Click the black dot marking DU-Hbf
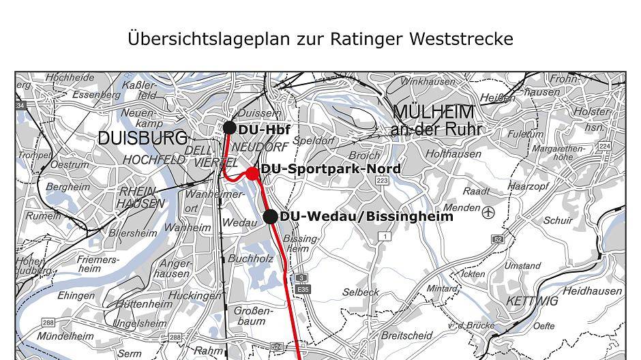[x=230, y=128]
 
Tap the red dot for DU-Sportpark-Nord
[x=252, y=173]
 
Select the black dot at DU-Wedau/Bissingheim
[x=270, y=217]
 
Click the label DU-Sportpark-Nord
[x=331, y=168]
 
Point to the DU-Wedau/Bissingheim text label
[x=366, y=216]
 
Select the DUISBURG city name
[x=142, y=138]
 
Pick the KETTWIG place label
[x=532, y=301]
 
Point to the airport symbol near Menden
[x=488, y=213]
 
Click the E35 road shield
[x=303, y=289]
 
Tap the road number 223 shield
[x=382, y=181]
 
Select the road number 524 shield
[x=277, y=347]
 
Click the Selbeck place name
[x=361, y=292]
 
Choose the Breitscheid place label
[x=406, y=335]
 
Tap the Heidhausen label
[x=592, y=291]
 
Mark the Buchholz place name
[x=250, y=259]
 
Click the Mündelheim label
[x=65, y=336]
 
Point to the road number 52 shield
[x=498, y=239]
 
